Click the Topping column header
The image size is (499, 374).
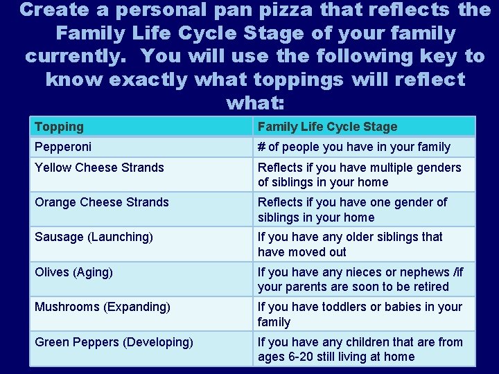click(x=59, y=127)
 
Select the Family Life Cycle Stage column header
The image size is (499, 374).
click(x=327, y=127)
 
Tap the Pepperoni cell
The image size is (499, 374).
click(x=63, y=147)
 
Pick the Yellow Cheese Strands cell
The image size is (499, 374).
click(x=99, y=168)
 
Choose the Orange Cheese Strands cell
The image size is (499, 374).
click(x=102, y=202)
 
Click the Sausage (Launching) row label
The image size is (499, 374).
click(x=94, y=237)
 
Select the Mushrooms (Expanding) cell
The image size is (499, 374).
click(x=103, y=307)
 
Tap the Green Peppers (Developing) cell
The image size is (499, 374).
click(x=114, y=341)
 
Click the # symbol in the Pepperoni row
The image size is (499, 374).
click(x=262, y=147)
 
